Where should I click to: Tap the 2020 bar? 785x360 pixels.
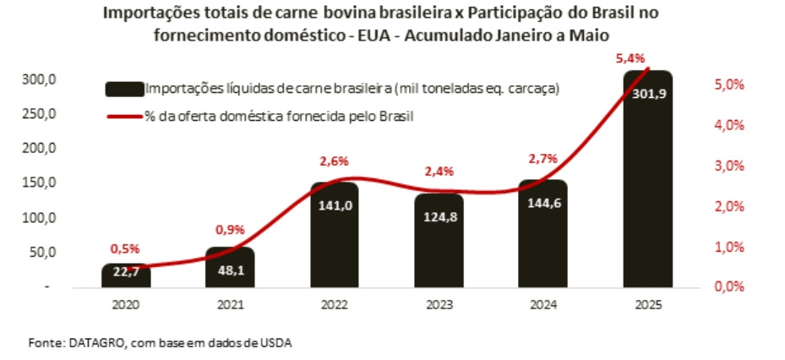point(126,277)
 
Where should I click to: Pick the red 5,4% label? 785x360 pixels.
point(630,58)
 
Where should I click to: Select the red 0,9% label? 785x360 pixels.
point(230,228)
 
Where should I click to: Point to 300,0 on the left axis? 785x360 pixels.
point(38,79)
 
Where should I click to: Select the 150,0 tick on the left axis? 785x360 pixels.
point(38,183)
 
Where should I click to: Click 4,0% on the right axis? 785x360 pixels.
point(728,125)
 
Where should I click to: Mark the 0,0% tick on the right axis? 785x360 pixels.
point(728,286)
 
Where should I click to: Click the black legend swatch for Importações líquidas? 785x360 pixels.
point(124,89)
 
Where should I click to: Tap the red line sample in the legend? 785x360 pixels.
point(124,115)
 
